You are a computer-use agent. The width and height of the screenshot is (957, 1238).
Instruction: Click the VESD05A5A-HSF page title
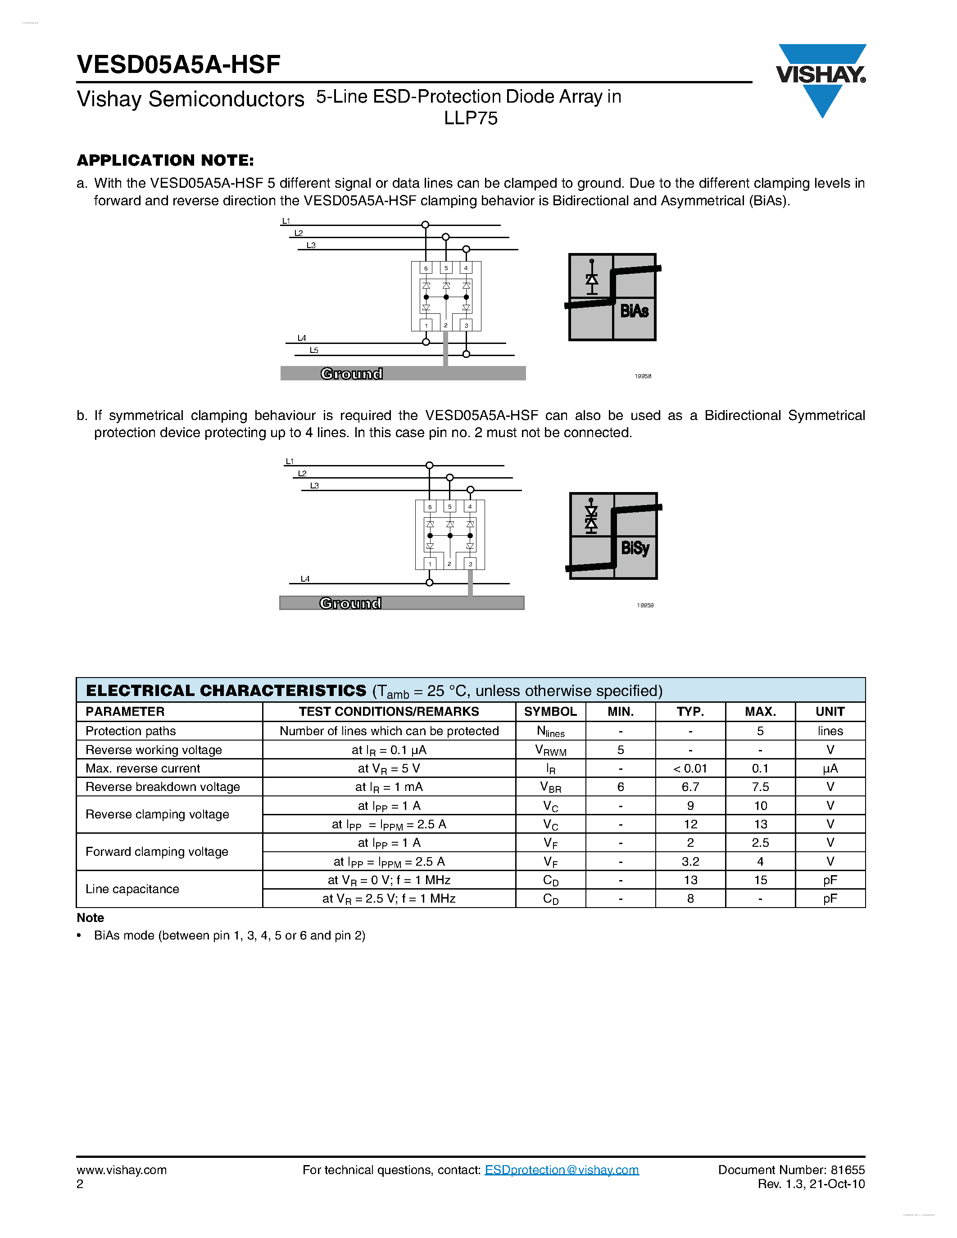[179, 65]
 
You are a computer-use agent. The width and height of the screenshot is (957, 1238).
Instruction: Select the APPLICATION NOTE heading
[165, 160]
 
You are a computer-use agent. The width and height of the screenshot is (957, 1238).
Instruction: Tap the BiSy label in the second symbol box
[635, 548]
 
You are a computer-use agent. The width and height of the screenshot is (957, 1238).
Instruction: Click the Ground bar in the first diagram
[403, 374]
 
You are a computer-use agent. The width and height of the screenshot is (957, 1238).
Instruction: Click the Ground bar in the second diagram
[401, 603]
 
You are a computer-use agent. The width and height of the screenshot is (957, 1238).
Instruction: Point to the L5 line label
[313, 350]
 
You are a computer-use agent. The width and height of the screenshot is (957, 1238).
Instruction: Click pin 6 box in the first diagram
[426, 268]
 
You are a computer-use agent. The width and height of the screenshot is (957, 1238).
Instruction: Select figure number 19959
[645, 605]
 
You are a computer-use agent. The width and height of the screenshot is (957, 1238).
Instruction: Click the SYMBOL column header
[550, 711]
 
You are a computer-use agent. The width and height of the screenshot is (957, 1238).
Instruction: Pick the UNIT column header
[830, 711]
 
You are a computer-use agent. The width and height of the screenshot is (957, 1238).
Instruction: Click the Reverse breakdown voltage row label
[163, 787]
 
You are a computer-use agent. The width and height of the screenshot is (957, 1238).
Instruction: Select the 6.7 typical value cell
[690, 787]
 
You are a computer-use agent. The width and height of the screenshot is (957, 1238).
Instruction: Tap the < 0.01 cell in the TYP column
[690, 768]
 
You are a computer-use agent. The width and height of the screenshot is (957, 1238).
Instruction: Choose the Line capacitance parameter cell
[132, 889]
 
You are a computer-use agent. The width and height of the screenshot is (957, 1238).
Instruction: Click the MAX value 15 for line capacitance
[760, 880]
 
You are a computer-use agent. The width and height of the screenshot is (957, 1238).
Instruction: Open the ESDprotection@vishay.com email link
[561, 1170]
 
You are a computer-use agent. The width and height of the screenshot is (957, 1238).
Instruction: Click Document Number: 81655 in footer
[791, 1170]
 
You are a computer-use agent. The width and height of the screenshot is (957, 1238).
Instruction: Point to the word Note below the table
[90, 918]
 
